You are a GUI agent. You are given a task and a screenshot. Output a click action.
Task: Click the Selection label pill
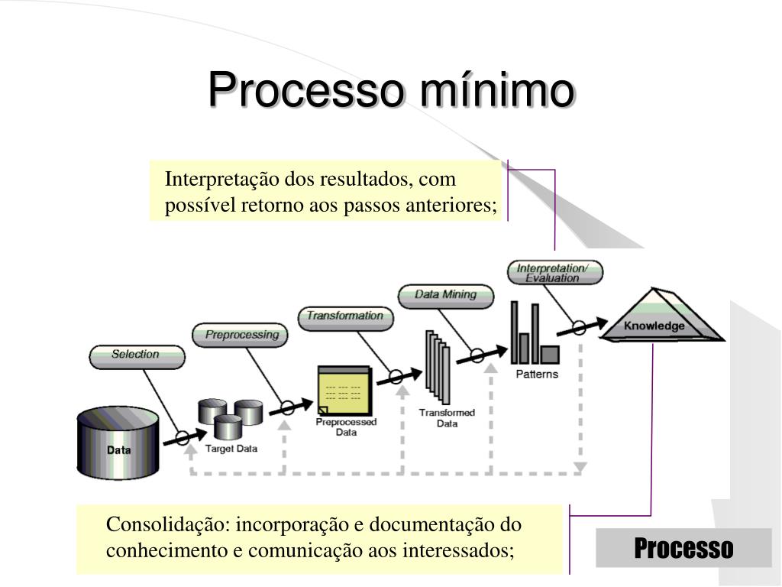136,355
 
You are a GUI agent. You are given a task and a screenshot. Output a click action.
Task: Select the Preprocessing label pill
241,335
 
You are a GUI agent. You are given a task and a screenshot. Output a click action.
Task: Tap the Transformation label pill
344,316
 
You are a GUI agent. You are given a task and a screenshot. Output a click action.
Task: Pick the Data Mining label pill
445,294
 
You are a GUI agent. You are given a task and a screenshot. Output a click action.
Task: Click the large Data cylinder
118,443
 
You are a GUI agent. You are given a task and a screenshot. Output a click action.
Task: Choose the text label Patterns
537,375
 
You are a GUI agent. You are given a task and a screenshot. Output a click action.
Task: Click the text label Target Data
231,449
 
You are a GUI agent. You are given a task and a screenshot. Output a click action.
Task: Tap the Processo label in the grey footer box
683,548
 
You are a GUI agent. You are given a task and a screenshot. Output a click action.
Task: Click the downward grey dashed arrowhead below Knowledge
580,466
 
